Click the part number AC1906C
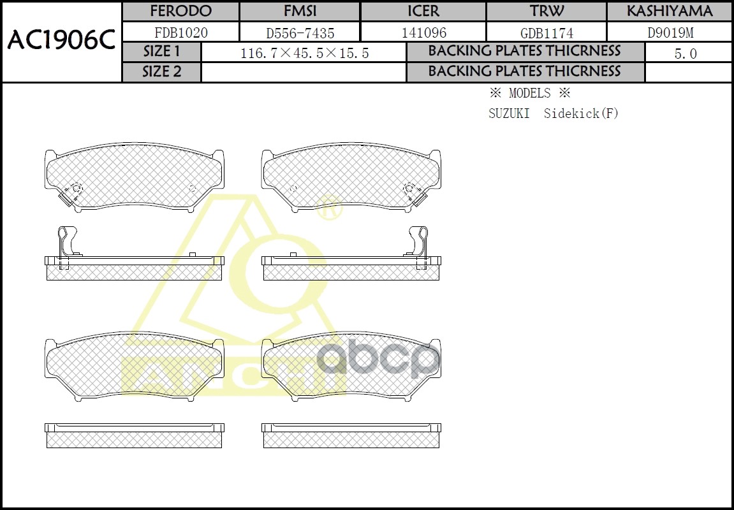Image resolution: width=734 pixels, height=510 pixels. [x=61, y=41]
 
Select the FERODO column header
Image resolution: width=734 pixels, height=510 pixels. [x=180, y=11]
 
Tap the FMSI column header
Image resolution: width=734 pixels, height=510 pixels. [x=300, y=11]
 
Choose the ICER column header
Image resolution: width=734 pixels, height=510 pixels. [x=423, y=11]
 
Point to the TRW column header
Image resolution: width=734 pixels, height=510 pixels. [x=547, y=11]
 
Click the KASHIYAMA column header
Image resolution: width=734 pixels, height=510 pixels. [x=670, y=11]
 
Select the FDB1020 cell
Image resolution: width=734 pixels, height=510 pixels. [x=180, y=33]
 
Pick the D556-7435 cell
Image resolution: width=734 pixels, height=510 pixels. [x=300, y=33]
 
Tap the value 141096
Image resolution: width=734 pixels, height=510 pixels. [x=423, y=33]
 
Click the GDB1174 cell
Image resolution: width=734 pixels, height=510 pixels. [x=547, y=33]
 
